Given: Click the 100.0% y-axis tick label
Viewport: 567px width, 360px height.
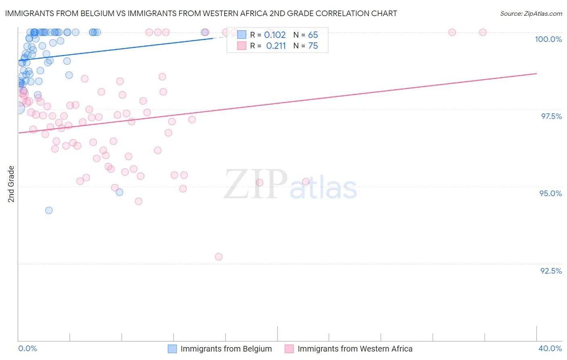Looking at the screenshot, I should (548, 39).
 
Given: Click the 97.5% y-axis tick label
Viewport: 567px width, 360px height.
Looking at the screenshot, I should (551, 116).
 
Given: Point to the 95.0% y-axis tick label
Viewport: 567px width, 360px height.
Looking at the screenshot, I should (550, 193).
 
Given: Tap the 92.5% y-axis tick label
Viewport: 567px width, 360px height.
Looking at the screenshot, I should (551, 271).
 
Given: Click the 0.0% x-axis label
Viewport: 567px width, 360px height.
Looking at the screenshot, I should (27, 348).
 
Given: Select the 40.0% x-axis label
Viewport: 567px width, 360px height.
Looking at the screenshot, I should (550, 348).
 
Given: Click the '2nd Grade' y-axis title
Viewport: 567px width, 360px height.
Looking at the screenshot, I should (11, 184).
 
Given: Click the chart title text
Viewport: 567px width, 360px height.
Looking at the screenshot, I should (201, 13).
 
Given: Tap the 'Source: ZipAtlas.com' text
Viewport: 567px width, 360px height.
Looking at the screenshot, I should (531, 13).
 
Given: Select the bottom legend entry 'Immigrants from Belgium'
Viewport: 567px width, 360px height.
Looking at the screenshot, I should (226, 349).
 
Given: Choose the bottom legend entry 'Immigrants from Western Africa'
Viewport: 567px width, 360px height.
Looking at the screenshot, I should (355, 349).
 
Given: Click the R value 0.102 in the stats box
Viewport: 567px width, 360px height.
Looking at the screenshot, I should (275, 35).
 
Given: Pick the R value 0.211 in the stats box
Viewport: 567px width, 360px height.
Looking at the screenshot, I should (276, 46).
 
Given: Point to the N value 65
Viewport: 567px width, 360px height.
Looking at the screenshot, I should (313, 35).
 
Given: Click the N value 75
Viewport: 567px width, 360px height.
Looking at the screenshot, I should (313, 46).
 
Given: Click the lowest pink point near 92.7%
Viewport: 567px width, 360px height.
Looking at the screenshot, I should (219, 257).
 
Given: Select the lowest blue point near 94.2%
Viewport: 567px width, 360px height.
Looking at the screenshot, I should (49, 210).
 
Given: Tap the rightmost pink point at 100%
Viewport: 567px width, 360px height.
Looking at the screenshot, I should (483, 32).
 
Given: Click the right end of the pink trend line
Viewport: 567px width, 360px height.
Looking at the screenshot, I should (536, 73).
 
